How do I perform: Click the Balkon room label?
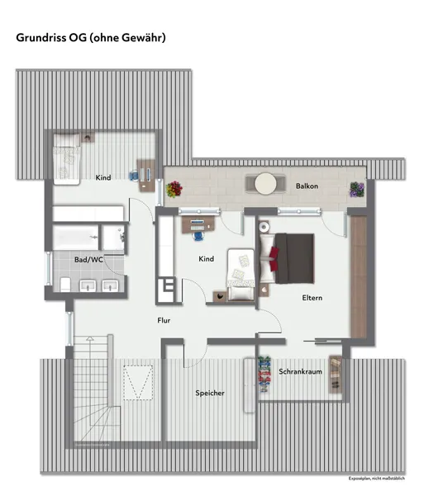click(x=307, y=186)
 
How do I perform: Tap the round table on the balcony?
click(x=265, y=183)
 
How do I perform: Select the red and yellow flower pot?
click(x=174, y=189)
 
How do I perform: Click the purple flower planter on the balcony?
click(x=357, y=190)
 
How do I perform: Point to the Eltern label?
click(x=312, y=298)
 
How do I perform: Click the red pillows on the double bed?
click(x=274, y=255)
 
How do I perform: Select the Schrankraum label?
click(x=300, y=371)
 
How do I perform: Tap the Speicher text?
click(x=210, y=393)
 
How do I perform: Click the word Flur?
click(x=164, y=320)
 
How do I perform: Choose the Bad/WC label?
click(x=88, y=260)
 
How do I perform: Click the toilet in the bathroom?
click(x=65, y=285)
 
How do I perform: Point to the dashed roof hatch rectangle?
click(x=138, y=383)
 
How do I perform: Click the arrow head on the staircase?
click(x=90, y=338)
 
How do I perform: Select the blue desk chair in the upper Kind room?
click(x=134, y=175)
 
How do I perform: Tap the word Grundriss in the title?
click(x=40, y=38)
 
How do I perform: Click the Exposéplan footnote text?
click(x=377, y=478)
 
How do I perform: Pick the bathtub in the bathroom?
click(x=75, y=238)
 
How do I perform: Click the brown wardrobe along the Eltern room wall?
click(x=359, y=277)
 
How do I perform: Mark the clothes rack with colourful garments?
click(x=264, y=374)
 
